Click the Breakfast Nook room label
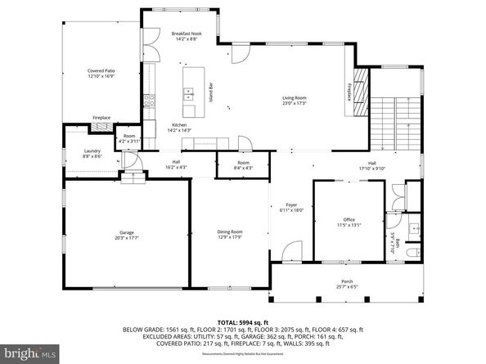point(184,36)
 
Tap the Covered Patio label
point(101,74)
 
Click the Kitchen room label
point(179,127)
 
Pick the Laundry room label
point(92,153)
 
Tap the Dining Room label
point(229,234)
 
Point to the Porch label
point(347,284)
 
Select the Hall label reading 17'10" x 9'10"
point(372,166)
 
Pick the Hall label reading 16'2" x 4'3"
point(176,164)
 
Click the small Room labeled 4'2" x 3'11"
point(129,138)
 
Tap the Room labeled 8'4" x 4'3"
point(243,165)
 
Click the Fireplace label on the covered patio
point(101,118)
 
